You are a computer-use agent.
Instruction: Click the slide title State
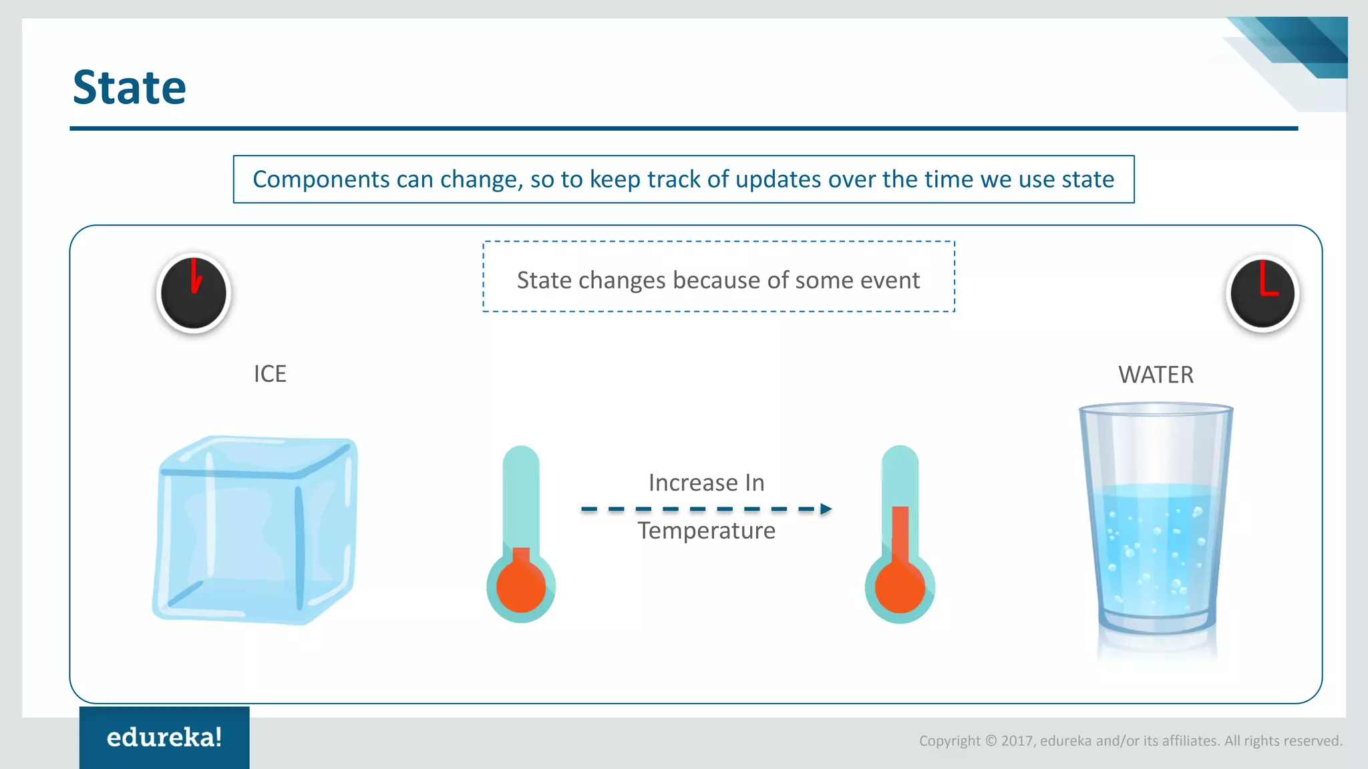129,87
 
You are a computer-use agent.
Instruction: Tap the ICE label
270,374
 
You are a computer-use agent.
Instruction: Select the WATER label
1156,375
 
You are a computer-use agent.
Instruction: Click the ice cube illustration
255,531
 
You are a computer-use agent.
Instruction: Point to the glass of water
1156,527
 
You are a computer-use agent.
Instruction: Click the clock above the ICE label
194,293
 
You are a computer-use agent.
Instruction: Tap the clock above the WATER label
1262,293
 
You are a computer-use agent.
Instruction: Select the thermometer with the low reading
521,534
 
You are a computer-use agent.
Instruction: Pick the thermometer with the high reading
900,534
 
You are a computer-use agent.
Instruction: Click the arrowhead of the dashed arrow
826,509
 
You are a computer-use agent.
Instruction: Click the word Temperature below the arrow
706,531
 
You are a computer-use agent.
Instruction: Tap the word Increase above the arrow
693,483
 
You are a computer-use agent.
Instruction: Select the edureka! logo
164,738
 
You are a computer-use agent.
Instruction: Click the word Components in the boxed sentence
321,180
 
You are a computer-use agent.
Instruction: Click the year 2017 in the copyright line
1017,741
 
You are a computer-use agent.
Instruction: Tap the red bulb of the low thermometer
521,587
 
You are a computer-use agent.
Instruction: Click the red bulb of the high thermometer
900,587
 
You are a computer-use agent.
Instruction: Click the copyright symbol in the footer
991,741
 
